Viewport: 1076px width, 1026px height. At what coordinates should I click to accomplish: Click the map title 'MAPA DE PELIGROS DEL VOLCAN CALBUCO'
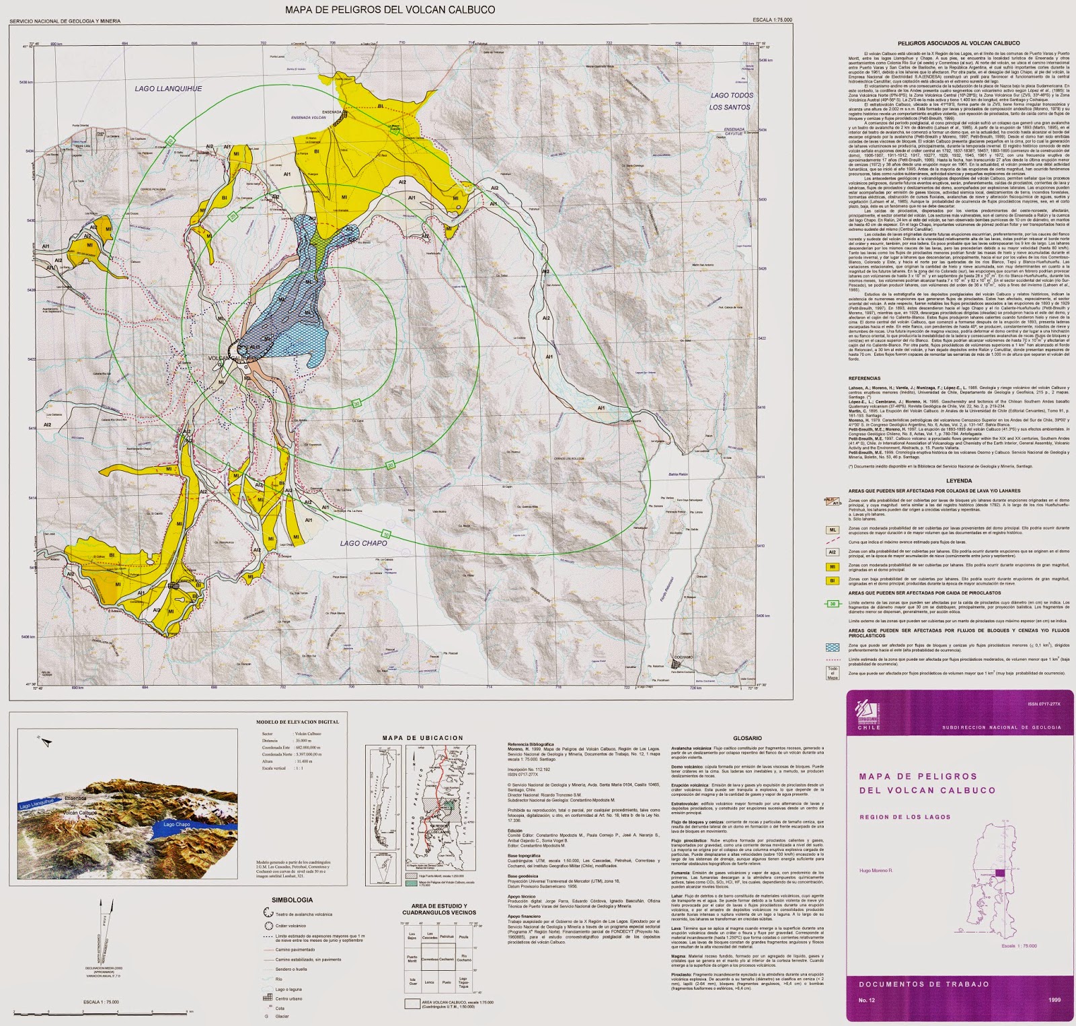click(390, 9)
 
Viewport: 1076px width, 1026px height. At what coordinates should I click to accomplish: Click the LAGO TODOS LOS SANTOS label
click(731, 101)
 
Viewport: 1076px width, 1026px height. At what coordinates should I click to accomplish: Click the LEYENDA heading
click(958, 481)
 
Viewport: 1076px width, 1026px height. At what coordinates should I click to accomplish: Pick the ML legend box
click(833, 530)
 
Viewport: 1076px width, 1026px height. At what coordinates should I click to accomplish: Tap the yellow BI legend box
click(833, 580)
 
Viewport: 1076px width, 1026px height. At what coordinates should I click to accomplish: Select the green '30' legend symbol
click(833, 603)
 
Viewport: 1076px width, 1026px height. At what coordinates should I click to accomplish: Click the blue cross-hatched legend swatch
click(833, 647)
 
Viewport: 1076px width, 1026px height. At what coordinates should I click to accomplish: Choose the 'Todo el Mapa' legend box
click(833, 673)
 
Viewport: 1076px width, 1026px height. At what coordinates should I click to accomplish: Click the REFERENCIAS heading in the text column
click(863, 379)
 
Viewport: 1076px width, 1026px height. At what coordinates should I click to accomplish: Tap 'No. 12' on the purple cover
click(869, 1006)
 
